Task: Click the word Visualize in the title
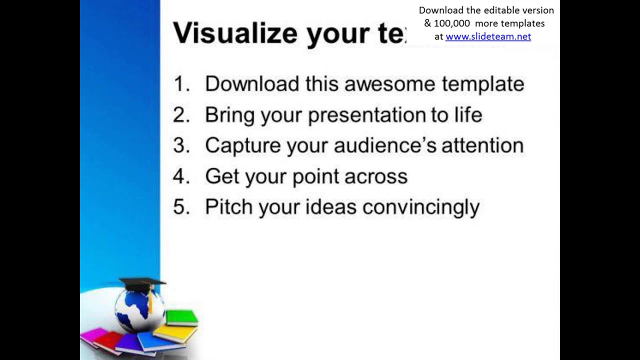[235, 33]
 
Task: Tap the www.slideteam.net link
[488, 36]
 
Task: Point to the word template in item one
[482, 84]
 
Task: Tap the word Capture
[243, 146]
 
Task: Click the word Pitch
[229, 207]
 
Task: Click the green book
[181, 317]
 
